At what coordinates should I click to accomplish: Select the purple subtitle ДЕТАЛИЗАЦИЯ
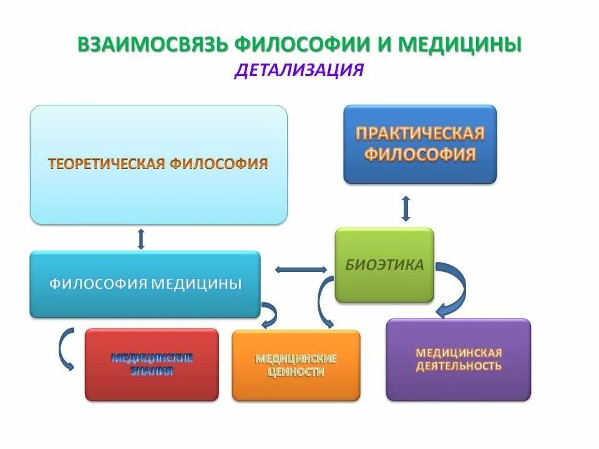[x=299, y=69]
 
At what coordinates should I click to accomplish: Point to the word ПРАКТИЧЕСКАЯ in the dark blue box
[x=420, y=134]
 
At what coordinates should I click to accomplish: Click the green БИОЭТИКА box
[x=384, y=265]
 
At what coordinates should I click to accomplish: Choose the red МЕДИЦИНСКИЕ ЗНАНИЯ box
[x=152, y=364]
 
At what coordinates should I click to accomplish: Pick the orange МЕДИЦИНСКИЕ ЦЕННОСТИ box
[x=296, y=365]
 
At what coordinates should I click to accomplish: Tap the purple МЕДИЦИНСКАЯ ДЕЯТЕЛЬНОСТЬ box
[x=458, y=359]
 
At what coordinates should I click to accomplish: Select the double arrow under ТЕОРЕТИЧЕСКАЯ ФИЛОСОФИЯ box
[x=141, y=238]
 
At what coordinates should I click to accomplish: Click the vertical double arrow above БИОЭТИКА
[x=406, y=208]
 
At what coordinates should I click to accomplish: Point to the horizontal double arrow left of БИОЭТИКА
[x=301, y=269]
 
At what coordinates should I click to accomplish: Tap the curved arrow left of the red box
[x=64, y=349]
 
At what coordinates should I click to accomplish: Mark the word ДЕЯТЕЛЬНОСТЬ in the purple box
[x=459, y=366]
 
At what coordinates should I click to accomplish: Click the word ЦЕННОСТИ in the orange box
[x=296, y=372]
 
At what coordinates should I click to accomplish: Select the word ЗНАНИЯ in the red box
[x=152, y=372]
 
